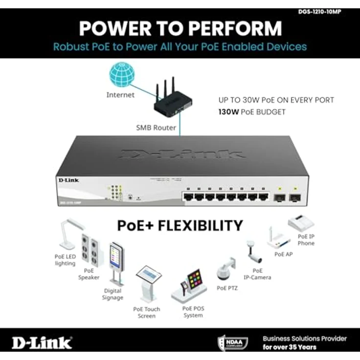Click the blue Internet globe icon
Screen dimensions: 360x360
coord(122,75)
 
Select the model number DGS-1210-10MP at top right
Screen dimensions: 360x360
coord(318,12)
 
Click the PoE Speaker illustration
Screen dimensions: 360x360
coord(92,250)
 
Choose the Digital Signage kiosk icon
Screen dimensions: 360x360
coord(116,263)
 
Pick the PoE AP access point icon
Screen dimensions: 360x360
coord(277,239)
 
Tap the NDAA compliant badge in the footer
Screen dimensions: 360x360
coord(233,342)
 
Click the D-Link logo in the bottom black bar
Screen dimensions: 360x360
coord(42,342)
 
